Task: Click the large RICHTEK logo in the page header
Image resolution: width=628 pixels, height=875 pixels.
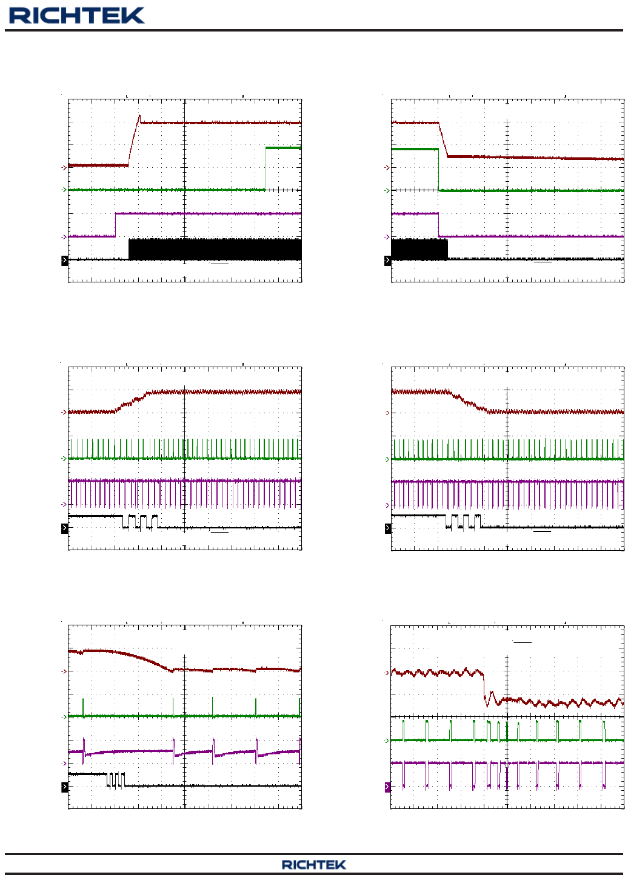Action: point(77,15)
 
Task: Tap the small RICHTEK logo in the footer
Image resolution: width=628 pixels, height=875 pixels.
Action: point(313,865)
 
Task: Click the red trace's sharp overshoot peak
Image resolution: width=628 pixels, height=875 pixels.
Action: point(139,116)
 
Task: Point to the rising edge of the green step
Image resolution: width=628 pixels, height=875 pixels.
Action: point(266,168)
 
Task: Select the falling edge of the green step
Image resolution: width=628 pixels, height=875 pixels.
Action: point(438,170)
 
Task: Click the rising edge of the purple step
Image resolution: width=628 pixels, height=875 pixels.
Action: point(115,225)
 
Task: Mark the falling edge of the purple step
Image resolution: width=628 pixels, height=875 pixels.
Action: point(438,225)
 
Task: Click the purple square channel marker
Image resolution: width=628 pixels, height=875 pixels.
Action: point(388,787)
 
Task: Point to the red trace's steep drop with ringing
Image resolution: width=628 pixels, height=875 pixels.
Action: point(485,688)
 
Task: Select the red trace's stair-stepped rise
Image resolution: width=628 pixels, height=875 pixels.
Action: point(133,401)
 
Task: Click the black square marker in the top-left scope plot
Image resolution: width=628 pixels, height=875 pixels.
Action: point(65,261)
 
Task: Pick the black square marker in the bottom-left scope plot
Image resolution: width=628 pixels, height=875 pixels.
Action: point(65,787)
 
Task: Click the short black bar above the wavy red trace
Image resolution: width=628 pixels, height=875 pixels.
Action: point(522,642)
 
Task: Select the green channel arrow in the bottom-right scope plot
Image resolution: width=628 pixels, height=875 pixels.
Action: point(387,740)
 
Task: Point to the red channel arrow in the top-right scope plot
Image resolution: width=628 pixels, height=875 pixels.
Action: point(387,167)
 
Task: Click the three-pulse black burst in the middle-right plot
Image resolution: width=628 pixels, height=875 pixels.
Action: point(463,521)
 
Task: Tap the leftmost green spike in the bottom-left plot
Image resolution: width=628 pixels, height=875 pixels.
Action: point(84,707)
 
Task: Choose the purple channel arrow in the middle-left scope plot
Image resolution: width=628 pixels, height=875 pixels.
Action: point(64,504)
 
